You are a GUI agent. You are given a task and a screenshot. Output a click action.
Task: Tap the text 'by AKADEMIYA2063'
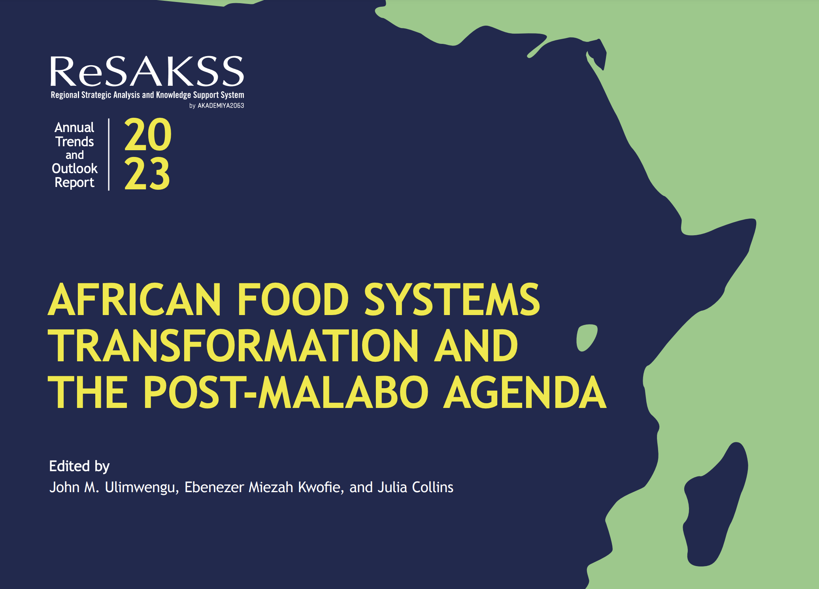(x=217, y=106)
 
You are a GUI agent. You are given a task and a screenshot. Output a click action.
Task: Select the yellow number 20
(x=148, y=135)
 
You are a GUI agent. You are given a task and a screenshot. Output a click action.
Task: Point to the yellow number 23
(x=147, y=174)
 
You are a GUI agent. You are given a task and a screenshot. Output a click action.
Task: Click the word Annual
(x=74, y=127)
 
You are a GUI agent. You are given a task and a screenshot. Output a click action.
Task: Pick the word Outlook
(x=75, y=168)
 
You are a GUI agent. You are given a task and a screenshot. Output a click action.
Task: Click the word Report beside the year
(x=74, y=183)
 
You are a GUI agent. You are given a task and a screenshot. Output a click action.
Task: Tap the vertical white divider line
(x=109, y=155)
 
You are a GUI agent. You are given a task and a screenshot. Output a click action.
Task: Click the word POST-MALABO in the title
(x=285, y=392)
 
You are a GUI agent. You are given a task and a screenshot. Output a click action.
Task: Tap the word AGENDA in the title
(x=525, y=392)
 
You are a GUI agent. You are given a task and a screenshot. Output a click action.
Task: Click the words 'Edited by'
(x=79, y=466)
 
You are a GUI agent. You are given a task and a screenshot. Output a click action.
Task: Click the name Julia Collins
(x=415, y=487)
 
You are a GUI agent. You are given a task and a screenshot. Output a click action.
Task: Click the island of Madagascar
(x=715, y=504)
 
